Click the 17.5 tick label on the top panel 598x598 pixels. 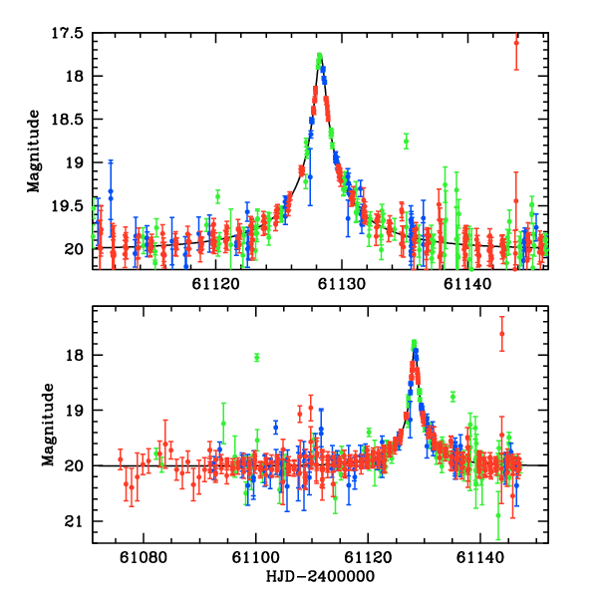[68, 33]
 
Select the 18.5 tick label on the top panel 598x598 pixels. [68, 119]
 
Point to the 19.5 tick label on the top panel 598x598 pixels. [68, 205]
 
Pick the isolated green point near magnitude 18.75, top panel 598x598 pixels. [406, 141]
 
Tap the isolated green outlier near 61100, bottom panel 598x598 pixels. [257, 358]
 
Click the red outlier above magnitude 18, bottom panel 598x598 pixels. [502, 333]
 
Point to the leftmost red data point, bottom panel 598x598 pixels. [121, 460]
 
